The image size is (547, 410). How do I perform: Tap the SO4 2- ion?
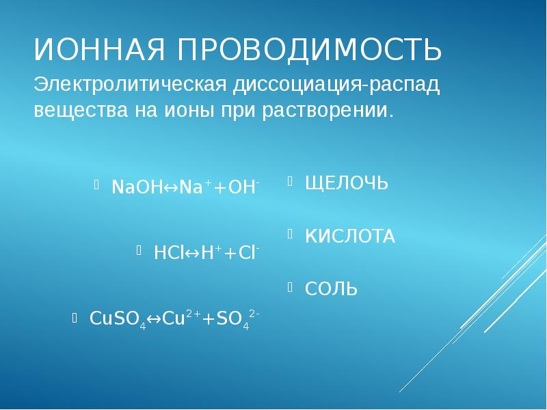[x=241, y=318]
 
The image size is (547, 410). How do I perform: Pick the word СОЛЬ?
[x=331, y=289]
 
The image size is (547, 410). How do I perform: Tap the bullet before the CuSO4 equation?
[x=75, y=316]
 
